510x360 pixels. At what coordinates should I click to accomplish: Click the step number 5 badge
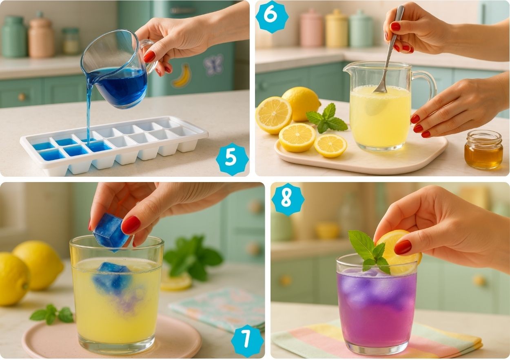tap(232, 159)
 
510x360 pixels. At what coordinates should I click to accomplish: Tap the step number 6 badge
tap(272, 17)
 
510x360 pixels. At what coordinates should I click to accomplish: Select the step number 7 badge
tap(247, 341)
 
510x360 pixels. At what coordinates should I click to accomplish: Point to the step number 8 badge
tap(288, 200)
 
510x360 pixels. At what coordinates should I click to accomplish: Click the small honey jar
tap(483, 150)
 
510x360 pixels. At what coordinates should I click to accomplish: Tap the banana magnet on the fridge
tap(182, 76)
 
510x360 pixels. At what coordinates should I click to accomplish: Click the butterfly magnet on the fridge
tap(213, 64)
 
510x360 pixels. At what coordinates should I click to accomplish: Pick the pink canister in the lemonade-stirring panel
tap(311, 28)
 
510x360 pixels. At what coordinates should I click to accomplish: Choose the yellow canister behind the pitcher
tap(337, 28)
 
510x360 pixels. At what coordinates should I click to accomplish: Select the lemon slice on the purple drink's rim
tap(397, 253)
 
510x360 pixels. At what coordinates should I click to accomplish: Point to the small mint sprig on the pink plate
tap(52, 314)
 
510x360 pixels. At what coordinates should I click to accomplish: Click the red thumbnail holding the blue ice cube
tap(131, 225)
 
